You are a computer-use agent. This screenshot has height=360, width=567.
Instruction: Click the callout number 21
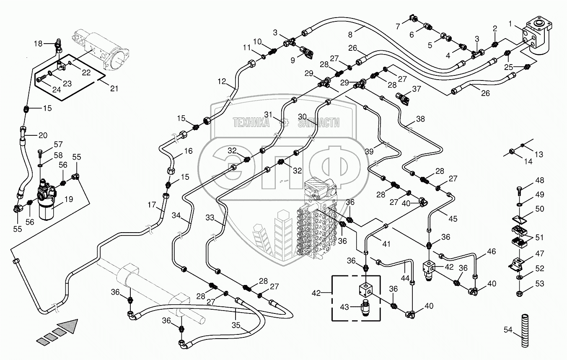114,88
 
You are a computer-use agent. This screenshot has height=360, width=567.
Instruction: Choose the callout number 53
539,284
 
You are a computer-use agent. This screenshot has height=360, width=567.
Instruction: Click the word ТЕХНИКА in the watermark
251,122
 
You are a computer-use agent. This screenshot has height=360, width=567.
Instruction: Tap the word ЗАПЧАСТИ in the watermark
318,122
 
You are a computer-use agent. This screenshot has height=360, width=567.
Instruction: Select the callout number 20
43,135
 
